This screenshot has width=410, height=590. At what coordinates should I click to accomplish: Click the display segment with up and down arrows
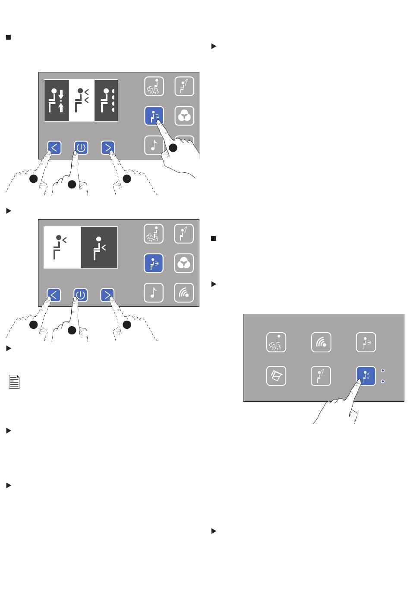(x=57, y=100)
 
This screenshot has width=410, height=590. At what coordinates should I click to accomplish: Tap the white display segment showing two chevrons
(x=82, y=100)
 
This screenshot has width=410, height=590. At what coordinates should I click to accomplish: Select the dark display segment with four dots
(x=106, y=100)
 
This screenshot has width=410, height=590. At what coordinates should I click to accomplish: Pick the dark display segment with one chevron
(x=99, y=247)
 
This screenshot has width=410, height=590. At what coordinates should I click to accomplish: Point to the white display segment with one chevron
(x=62, y=247)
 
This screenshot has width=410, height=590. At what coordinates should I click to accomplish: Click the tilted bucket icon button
(x=276, y=376)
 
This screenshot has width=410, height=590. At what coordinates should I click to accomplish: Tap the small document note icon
(x=14, y=381)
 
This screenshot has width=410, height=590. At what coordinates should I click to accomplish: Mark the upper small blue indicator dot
(x=383, y=371)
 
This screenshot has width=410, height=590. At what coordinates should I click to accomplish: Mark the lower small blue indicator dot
(x=383, y=381)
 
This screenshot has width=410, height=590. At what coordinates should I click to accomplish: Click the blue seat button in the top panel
(x=154, y=116)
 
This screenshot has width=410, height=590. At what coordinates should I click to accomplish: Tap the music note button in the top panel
(x=154, y=145)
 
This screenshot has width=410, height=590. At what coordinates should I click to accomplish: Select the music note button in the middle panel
(x=154, y=293)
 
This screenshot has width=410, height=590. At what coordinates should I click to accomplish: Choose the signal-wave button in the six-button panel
(x=321, y=342)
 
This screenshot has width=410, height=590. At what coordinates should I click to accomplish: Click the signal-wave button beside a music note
(x=184, y=293)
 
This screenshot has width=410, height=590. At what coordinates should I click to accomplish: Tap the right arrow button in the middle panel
(x=107, y=295)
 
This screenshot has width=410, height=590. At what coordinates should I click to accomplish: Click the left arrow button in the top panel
(x=54, y=148)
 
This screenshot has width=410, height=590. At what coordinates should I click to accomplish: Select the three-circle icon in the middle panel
(x=184, y=263)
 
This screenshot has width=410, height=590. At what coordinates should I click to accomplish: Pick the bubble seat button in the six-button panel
(x=276, y=342)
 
